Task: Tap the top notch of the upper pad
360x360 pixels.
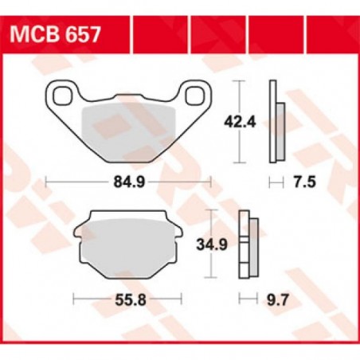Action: click(x=126, y=100)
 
